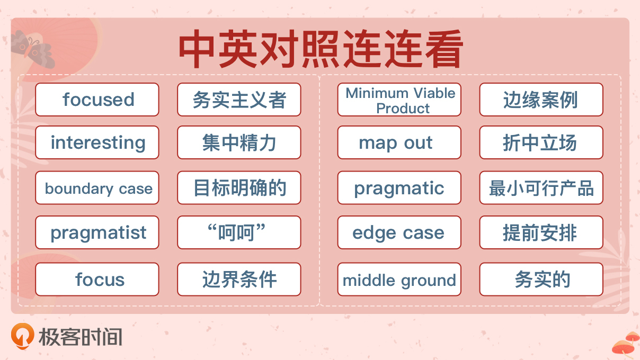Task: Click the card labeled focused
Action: pos(97,100)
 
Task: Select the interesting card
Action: pos(97,142)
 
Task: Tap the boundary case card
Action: pos(97,187)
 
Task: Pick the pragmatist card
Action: pos(97,232)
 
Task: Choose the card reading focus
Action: pos(97,279)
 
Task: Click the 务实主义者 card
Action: pos(239,100)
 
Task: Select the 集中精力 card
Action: pos(239,142)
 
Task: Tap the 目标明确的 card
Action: pos(239,187)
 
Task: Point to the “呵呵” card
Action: pos(239,232)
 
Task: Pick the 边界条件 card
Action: pos(239,279)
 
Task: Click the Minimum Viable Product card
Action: pos(399,100)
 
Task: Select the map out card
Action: pos(399,142)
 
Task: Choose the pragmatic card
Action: pos(399,187)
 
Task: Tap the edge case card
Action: pos(399,232)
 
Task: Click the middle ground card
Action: pos(399,279)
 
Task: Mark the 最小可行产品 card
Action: pos(541,187)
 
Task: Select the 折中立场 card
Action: pos(541,142)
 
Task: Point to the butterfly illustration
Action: pos(33,49)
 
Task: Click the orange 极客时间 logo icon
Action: pos(23,336)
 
